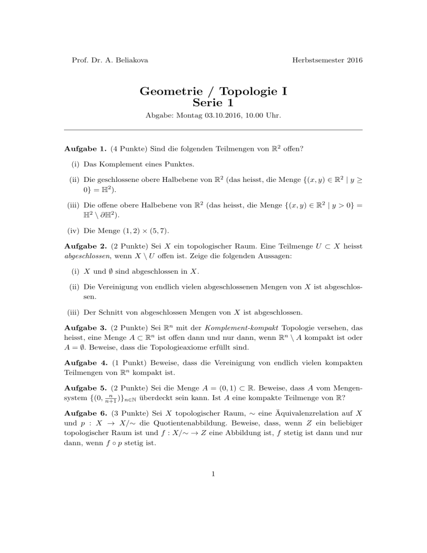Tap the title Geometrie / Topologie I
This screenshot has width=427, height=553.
click(x=213, y=90)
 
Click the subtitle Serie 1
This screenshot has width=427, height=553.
click(x=213, y=102)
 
